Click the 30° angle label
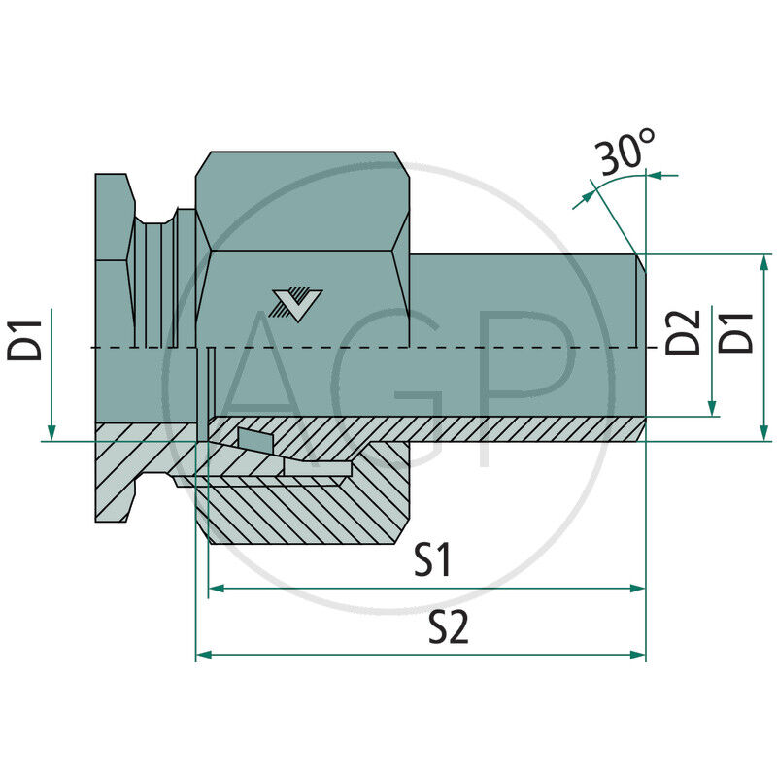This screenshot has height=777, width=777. (x=626, y=154)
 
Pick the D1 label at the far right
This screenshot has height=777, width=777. (x=739, y=331)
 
